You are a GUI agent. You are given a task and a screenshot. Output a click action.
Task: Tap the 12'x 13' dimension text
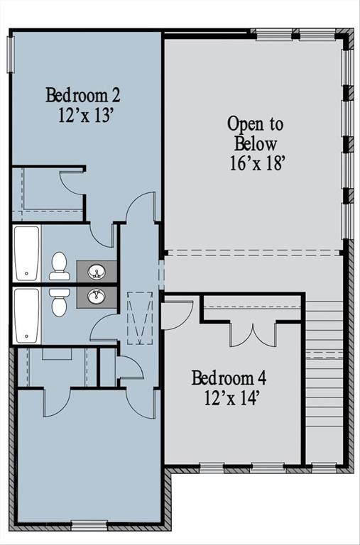point(86,116)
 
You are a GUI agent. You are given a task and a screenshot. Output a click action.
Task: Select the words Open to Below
point(255,133)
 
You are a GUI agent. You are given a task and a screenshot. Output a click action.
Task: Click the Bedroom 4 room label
point(229,377)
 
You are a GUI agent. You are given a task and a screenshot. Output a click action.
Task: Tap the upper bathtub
point(26,253)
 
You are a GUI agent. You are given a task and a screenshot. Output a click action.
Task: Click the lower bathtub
point(26,314)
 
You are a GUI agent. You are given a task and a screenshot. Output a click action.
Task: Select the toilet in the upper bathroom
point(60,265)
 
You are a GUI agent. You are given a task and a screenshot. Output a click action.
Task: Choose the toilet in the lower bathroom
point(60,302)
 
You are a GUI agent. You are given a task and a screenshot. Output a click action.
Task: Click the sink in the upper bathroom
point(97,270)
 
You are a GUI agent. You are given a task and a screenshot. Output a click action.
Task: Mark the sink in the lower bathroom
point(97,296)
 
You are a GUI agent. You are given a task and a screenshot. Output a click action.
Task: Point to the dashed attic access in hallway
point(140,317)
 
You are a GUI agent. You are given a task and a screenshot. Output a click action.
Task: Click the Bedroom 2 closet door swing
point(71,183)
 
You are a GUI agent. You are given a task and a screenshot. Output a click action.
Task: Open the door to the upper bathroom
point(103,233)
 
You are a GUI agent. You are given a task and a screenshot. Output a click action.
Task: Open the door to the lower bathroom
point(104,327)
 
